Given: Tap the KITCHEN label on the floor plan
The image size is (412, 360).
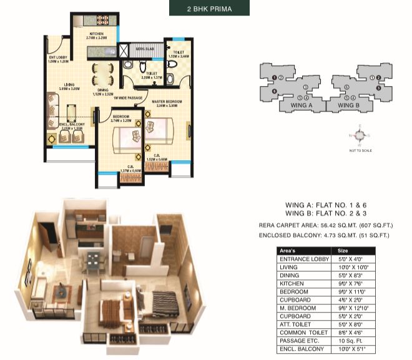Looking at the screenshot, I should (96, 34).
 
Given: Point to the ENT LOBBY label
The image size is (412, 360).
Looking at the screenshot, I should (57, 59).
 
